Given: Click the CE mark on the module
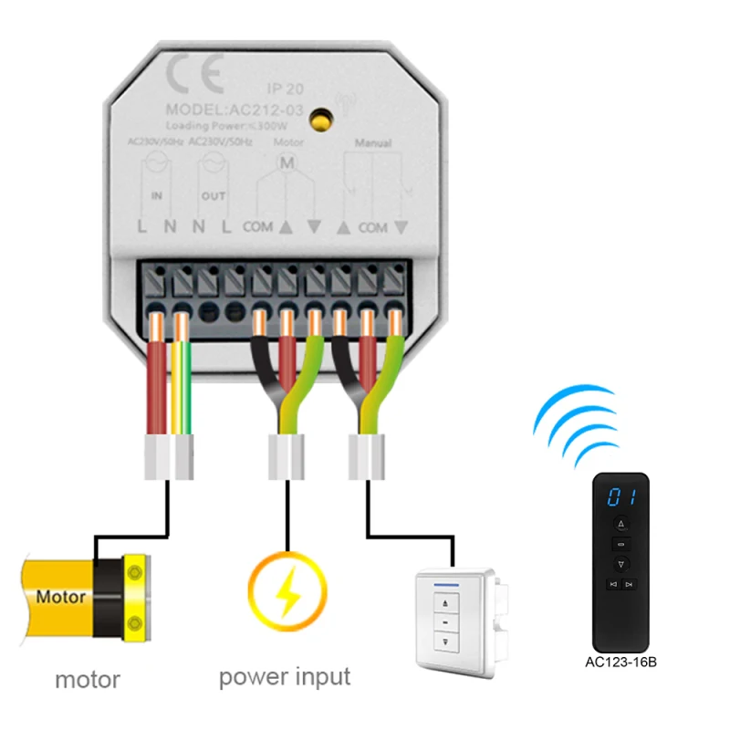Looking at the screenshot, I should (x=193, y=77).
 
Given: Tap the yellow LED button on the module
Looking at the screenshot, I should (x=320, y=118).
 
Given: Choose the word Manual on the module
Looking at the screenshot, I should (x=372, y=144).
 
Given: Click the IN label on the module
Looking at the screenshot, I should (x=157, y=196).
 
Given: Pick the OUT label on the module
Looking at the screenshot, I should (x=213, y=196).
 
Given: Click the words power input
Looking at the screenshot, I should (x=285, y=677).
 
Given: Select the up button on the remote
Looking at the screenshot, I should (x=620, y=524).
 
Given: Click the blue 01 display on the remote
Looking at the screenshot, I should (x=621, y=497).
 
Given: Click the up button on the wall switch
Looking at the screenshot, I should (x=447, y=602).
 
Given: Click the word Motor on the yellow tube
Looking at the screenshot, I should (x=61, y=599).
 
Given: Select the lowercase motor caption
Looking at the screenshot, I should (x=88, y=680).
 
